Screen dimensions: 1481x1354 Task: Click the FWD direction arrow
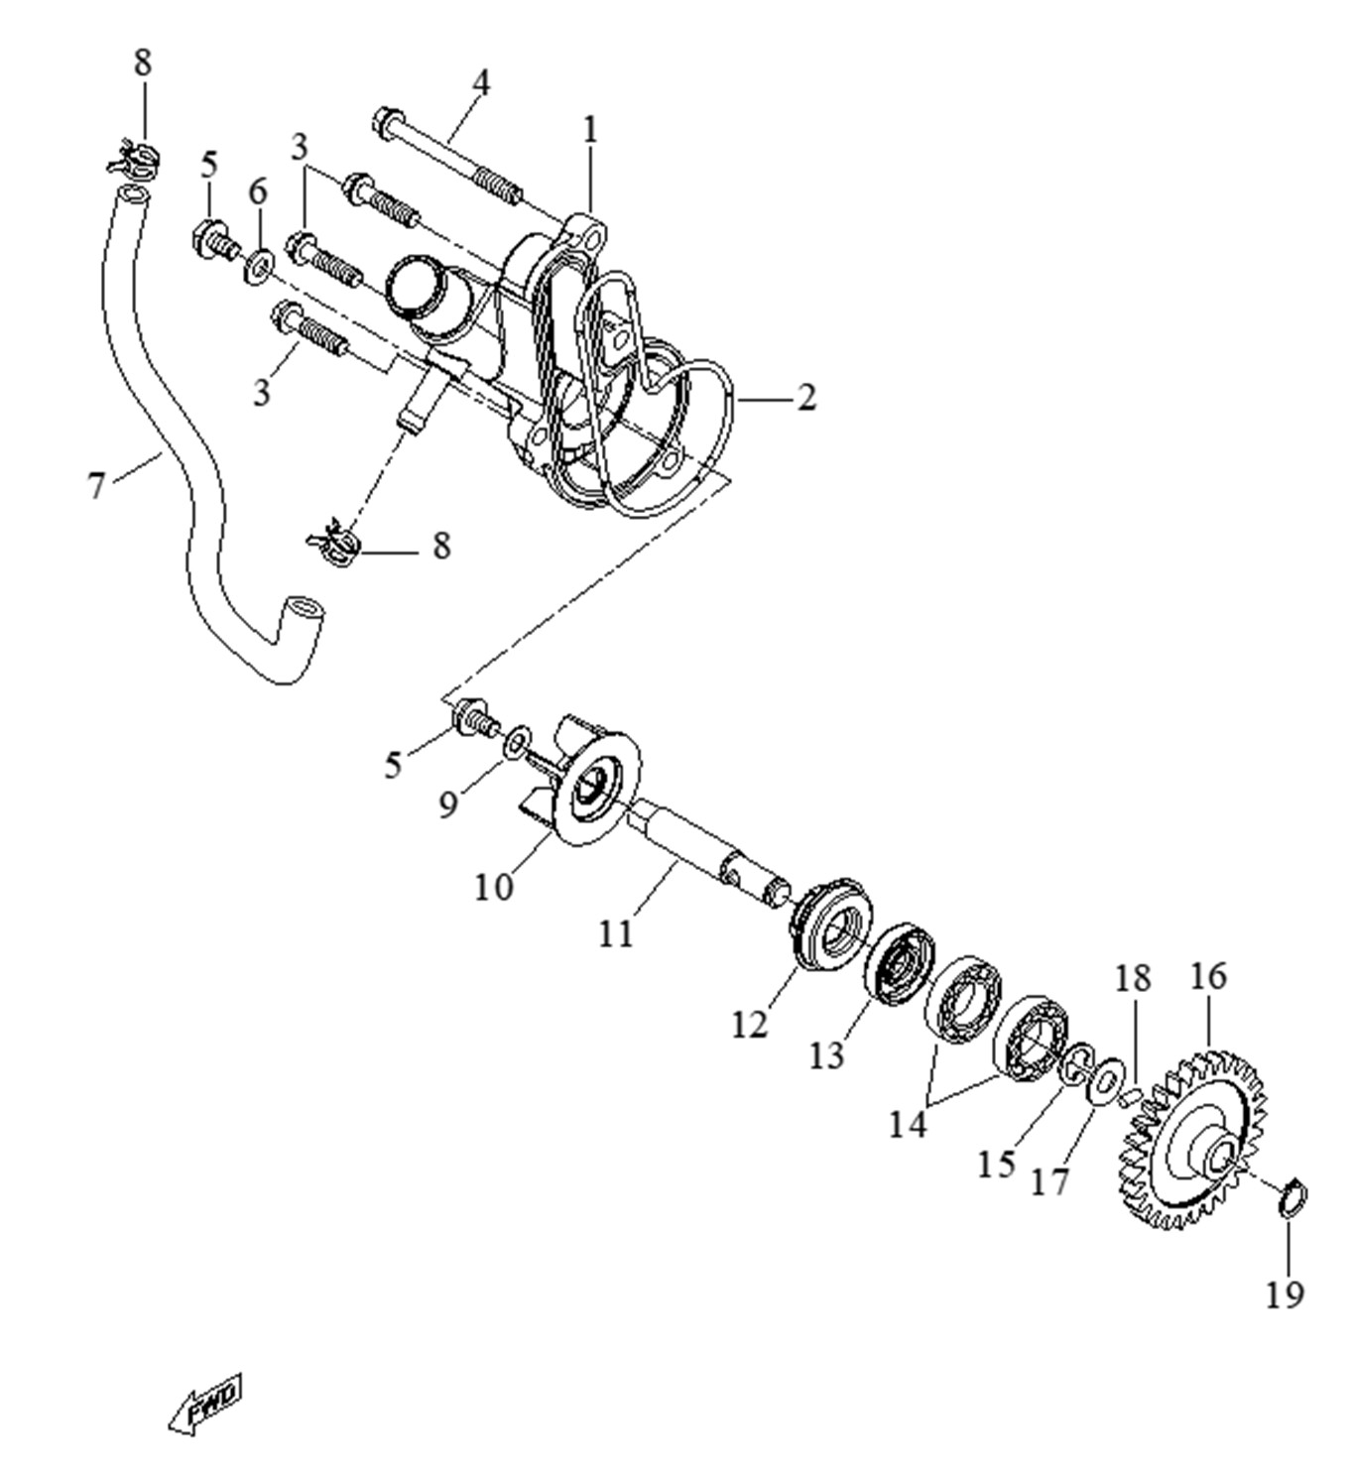click(205, 1403)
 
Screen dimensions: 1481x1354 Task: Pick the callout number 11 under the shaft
click(615, 933)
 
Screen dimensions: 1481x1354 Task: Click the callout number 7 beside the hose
click(96, 486)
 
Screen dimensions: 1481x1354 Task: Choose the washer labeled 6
click(260, 266)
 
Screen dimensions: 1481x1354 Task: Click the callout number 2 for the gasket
click(806, 398)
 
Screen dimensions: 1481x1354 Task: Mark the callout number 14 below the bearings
click(907, 1125)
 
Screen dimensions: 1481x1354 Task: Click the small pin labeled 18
click(1128, 1096)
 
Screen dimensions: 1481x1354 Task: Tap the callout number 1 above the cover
click(591, 129)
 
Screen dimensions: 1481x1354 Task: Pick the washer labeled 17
click(1105, 1080)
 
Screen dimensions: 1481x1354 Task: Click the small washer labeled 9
click(516, 744)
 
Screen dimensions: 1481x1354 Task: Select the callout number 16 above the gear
click(1208, 976)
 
